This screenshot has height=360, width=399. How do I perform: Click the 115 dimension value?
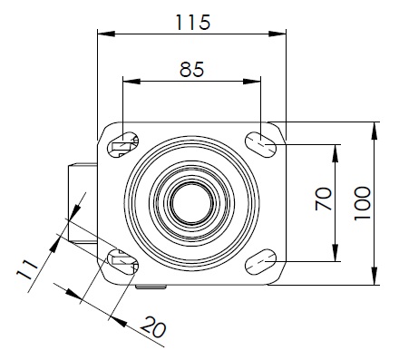(x=193, y=22)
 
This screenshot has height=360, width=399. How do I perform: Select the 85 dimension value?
(x=192, y=69)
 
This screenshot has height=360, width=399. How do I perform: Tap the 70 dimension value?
(x=324, y=199)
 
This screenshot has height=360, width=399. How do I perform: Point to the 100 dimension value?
(x=362, y=203)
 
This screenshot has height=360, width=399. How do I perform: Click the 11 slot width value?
(x=27, y=269)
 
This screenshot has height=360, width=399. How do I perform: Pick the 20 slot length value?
(x=153, y=327)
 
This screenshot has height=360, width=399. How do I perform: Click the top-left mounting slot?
(x=122, y=145)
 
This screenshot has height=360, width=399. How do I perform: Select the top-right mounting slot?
(x=260, y=145)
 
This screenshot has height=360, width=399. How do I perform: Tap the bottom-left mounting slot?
(x=122, y=262)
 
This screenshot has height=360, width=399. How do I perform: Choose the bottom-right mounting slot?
(x=260, y=262)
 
